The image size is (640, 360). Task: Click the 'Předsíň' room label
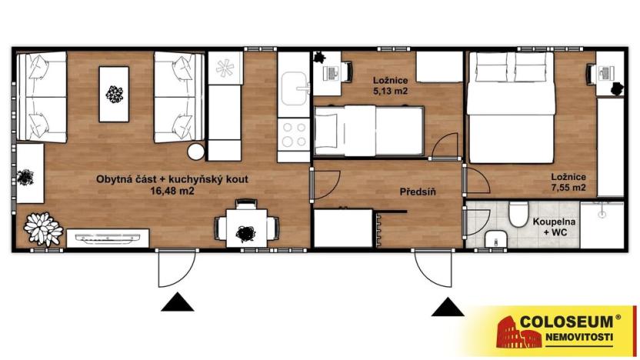tap(418, 192)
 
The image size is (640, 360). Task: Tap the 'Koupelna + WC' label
tap(554, 227)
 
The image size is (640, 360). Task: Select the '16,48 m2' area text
tap(172, 191)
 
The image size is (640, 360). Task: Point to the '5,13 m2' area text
tap(390, 91)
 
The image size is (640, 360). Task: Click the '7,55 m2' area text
tap(568, 188)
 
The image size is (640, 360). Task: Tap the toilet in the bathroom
tap(518, 214)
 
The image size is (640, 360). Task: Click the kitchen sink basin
tap(294, 88)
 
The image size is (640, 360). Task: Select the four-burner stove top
tap(294, 135)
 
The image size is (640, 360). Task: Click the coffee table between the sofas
tap(114, 95)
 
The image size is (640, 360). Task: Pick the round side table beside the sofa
tap(196, 152)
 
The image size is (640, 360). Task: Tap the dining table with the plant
tap(246, 228)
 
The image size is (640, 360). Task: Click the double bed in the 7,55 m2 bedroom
tap(512, 108)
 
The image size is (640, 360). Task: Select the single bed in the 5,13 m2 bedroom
tap(369, 131)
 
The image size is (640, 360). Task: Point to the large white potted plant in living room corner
tap(43, 229)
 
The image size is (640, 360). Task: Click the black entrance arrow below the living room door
tap(177, 302)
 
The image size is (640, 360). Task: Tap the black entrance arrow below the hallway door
tap(448, 306)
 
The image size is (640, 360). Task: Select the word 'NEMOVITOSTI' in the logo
tap(579, 337)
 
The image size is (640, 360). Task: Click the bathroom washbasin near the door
tap(496, 238)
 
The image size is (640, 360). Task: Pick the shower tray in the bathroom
tap(602, 225)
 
